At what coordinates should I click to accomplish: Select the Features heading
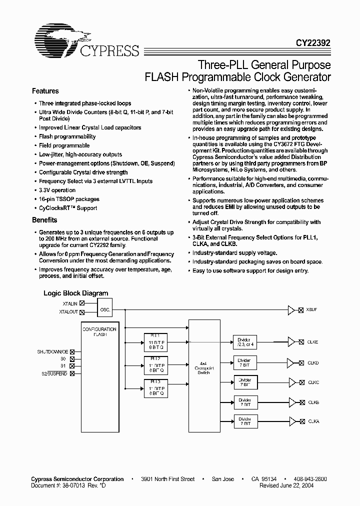pyautogui.click(x=45, y=91)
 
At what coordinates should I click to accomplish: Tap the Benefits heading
pyautogui.click(x=44, y=220)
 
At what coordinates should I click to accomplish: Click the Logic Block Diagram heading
pyautogui.click(x=75, y=293)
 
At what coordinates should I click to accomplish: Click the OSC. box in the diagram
pyautogui.click(x=105, y=309)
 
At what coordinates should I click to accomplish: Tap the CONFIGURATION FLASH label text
pyautogui.click(x=99, y=331)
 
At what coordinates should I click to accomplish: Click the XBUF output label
pyautogui.click(x=311, y=310)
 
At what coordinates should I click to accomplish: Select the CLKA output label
pyautogui.click(x=313, y=421)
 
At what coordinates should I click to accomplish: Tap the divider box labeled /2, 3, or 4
pyautogui.click(x=244, y=342)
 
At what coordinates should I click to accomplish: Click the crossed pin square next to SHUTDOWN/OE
pyautogui.click(x=72, y=352)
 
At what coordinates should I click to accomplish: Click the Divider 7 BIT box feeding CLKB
pyautogui.click(x=244, y=402)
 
